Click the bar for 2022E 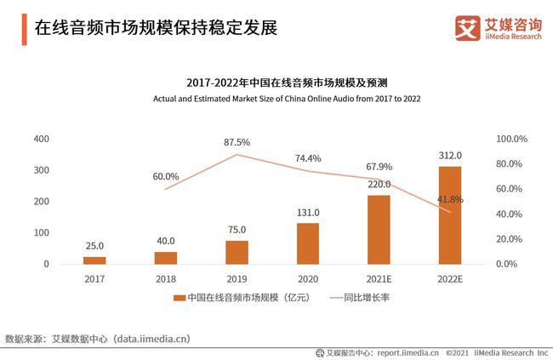(450, 215)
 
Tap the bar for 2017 (94, 260)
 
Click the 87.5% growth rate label (237, 142)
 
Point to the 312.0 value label (450, 156)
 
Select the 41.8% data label (450, 199)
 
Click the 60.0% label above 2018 (166, 177)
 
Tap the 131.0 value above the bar (308, 213)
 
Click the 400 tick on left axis (41, 139)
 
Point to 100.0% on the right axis (513, 139)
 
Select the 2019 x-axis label (237, 278)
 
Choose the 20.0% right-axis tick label (510, 239)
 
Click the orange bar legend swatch (180, 299)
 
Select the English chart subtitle (287, 99)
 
